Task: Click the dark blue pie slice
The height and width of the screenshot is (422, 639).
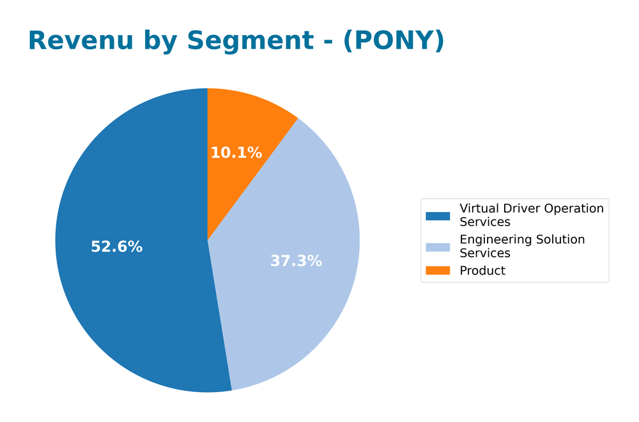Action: pyautogui.click(x=128, y=287)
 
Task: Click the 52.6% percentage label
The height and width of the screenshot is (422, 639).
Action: pyautogui.click(x=116, y=247)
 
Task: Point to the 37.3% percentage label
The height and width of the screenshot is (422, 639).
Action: pyautogui.click(x=296, y=261)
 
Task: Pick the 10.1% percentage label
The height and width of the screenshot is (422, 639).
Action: pyautogui.click(x=236, y=153)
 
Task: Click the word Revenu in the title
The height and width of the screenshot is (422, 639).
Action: pyautogui.click(x=81, y=41)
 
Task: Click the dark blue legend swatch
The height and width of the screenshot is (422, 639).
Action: pyautogui.click(x=438, y=216)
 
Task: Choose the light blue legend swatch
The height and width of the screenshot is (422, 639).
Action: pyautogui.click(x=438, y=246)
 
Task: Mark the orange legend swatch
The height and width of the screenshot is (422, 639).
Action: pyautogui.click(x=438, y=271)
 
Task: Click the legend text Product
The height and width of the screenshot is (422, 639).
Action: pyautogui.click(x=482, y=271)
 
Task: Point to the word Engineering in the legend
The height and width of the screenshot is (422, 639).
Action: pyautogui.click(x=494, y=240)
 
